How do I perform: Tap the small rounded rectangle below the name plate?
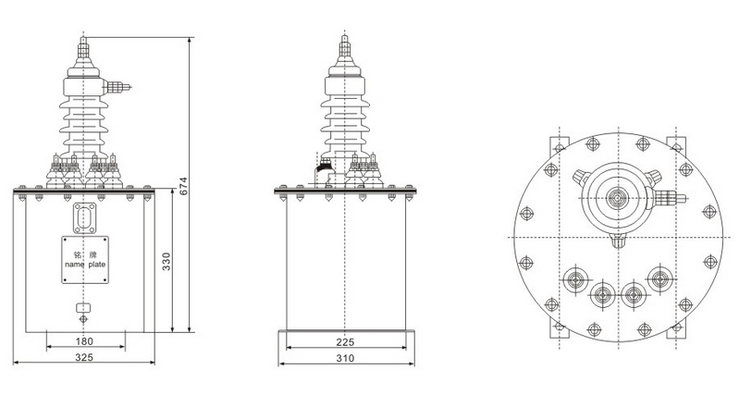tap(83, 308)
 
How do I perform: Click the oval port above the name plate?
tap(83, 217)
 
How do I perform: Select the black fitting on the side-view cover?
tap(323, 169)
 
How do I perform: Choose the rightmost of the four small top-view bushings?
tap(659, 278)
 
